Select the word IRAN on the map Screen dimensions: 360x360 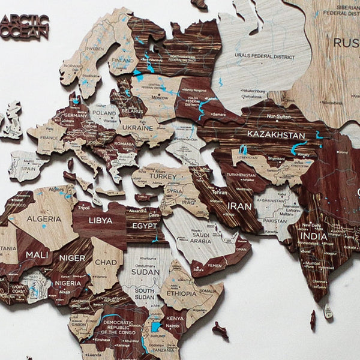click(239, 206)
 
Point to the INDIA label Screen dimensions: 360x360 click(315, 236)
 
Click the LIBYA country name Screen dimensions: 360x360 click(100, 220)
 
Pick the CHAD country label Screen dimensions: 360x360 click(106, 262)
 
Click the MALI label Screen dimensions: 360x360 click(37, 255)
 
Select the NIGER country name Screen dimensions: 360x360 click(71, 258)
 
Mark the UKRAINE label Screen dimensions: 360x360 click(138, 128)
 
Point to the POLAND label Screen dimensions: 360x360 click(105, 112)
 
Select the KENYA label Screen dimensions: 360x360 click(175, 318)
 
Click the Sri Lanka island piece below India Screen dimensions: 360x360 click(328, 311)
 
